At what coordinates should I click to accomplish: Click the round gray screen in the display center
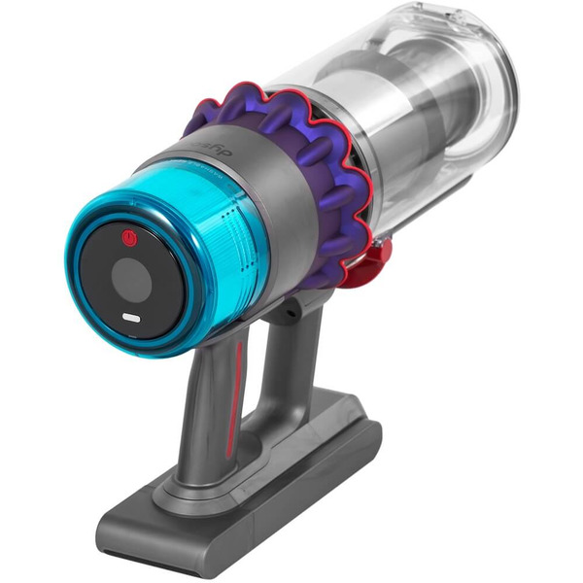pyautogui.click(x=130, y=281)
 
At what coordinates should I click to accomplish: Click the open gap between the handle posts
pyautogui.click(x=260, y=369)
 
